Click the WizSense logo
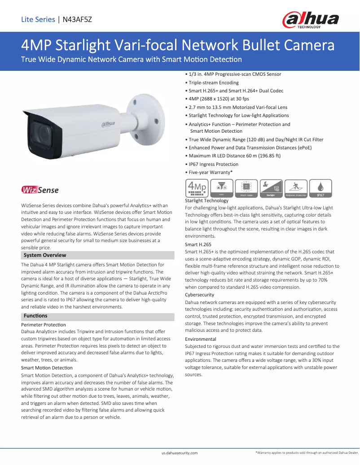(40, 190)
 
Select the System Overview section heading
(45, 255)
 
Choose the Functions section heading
(35, 316)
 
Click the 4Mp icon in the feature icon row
(197, 188)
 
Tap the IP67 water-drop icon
(320, 188)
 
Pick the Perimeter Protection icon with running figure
(295, 188)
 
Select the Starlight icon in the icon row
(271, 188)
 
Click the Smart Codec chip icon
(246, 188)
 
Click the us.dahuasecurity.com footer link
(180, 453)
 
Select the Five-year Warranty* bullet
(210, 172)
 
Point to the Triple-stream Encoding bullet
(213, 83)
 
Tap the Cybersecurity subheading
(199, 295)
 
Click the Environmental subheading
(200, 339)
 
